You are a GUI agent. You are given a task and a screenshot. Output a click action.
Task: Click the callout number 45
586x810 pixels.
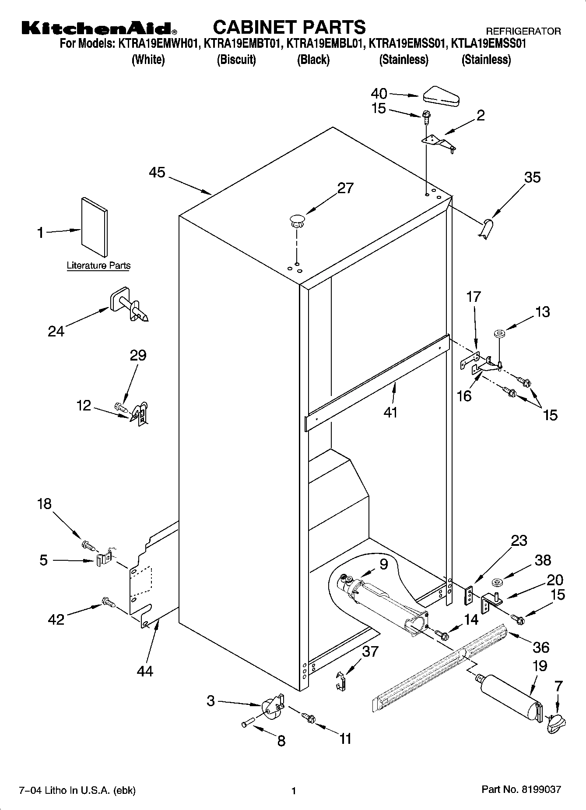(157, 172)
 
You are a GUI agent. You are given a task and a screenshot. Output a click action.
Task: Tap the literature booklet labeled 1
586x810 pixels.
(94, 227)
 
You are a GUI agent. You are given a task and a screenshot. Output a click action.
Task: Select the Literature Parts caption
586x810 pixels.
(98, 265)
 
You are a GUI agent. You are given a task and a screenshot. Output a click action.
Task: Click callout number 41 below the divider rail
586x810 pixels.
(390, 412)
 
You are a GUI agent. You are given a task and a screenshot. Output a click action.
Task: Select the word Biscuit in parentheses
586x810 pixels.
(236, 60)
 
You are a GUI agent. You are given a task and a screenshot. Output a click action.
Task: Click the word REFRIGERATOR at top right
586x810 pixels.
(523, 31)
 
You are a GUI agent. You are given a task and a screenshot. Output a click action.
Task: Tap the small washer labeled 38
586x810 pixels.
(497, 583)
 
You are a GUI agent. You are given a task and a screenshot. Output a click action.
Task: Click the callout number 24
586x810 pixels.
(56, 332)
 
